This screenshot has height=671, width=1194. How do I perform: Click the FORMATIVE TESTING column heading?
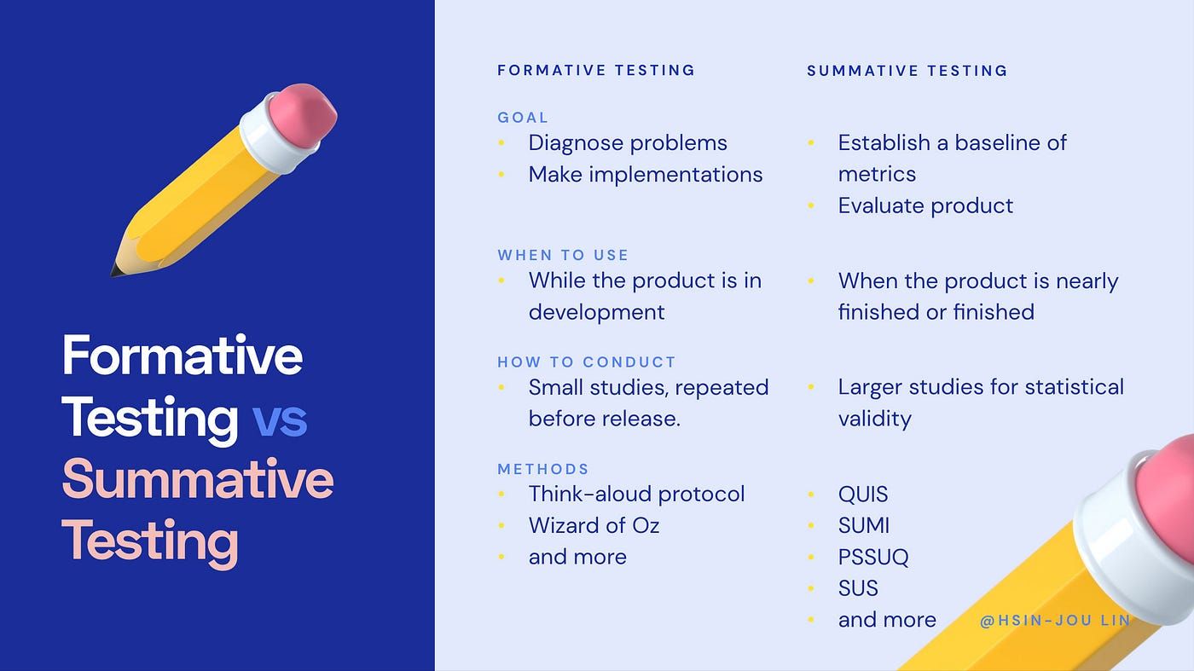[596, 71]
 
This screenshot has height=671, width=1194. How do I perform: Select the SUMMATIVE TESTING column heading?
[907, 71]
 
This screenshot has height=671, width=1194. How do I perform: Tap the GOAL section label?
[523, 118]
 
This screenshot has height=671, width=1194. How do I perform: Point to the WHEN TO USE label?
[563, 255]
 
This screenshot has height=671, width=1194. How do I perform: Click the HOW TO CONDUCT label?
[587, 362]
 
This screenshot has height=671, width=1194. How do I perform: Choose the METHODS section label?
[543, 469]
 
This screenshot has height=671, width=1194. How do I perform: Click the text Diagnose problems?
[628, 143]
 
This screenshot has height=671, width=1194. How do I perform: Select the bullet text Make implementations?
[646, 175]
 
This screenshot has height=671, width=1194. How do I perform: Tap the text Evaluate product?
[925, 205]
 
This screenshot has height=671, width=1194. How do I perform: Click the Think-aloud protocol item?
[636, 495]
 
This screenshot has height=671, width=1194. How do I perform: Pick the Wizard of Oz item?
[594, 526]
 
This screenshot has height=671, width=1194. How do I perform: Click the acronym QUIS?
[863, 495]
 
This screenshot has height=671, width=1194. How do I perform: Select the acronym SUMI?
[864, 526]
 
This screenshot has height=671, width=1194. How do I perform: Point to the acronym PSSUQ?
[873, 558]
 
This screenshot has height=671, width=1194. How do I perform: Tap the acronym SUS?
[858, 588]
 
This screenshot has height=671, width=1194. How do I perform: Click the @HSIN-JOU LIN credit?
[1055, 621]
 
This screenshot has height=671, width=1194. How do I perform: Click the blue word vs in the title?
[280, 419]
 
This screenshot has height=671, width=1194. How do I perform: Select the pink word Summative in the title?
[198, 479]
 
